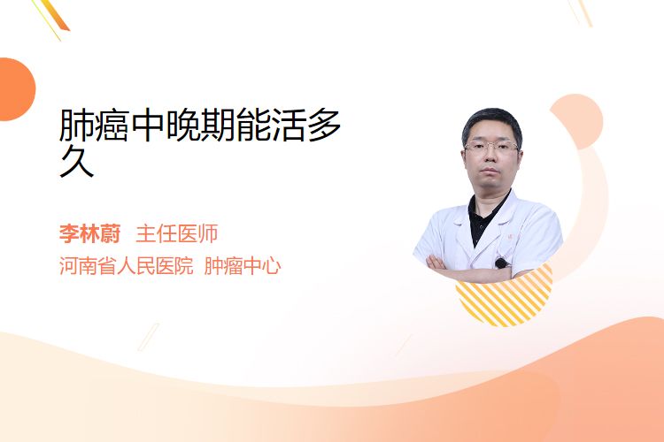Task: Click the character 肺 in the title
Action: point(77,125)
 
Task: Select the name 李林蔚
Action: point(89,234)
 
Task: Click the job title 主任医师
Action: point(177,234)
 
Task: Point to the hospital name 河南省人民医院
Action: point(127,266)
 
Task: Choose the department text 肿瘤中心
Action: point(243,266)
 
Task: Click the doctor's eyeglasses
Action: point(491,147)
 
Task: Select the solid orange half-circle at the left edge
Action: point(16,89)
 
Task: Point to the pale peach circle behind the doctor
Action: point(576,121)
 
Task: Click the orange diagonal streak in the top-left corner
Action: point(54,16)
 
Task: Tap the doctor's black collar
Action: point(487,216)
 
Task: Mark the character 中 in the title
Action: point(147,125)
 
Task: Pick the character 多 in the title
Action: point(324,125)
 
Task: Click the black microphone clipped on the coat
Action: point(502,263)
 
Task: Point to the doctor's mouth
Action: point(490,171)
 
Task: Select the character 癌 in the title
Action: point(112,125)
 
